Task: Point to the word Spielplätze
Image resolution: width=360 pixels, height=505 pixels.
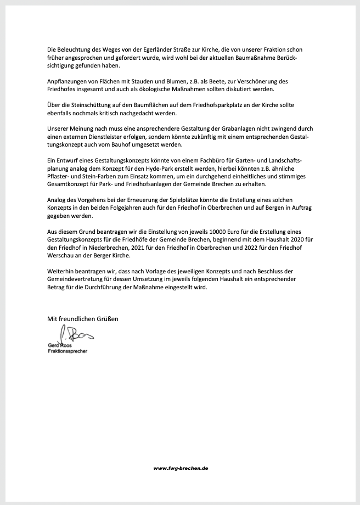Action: click(x=195, y=200)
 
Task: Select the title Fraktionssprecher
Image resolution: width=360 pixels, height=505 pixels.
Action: click(x=67, y=350)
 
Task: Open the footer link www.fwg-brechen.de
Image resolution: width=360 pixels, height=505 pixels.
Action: click(x=181, y=468)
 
